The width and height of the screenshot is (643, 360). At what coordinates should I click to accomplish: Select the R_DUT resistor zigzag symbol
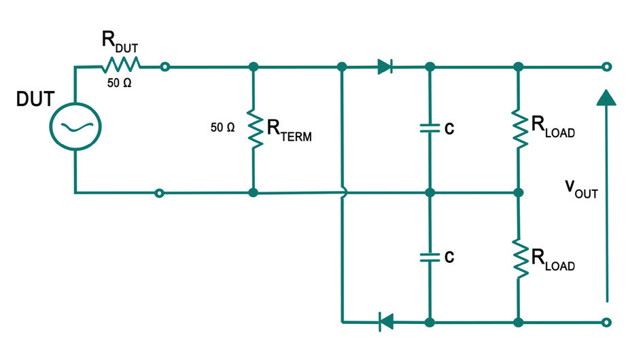[121, 66]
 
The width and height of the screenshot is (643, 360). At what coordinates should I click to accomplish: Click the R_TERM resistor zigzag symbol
[254, 129]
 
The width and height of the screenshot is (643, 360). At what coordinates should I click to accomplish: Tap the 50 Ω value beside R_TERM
[223, 127]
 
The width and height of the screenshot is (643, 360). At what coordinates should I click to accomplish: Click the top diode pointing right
[385, 67]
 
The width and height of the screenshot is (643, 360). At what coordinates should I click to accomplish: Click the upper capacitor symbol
[429, 128]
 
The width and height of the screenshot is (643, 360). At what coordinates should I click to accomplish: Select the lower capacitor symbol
[429, 257]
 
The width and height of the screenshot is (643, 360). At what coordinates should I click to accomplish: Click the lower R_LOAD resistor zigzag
[519, 257]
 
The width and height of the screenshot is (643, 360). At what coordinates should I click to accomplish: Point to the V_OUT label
[580, 187]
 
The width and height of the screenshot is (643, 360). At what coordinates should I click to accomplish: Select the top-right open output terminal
[607, 67]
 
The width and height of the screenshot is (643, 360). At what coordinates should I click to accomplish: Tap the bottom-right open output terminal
[607, 321]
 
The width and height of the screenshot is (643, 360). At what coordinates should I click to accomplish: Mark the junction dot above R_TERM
[254, 67]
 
